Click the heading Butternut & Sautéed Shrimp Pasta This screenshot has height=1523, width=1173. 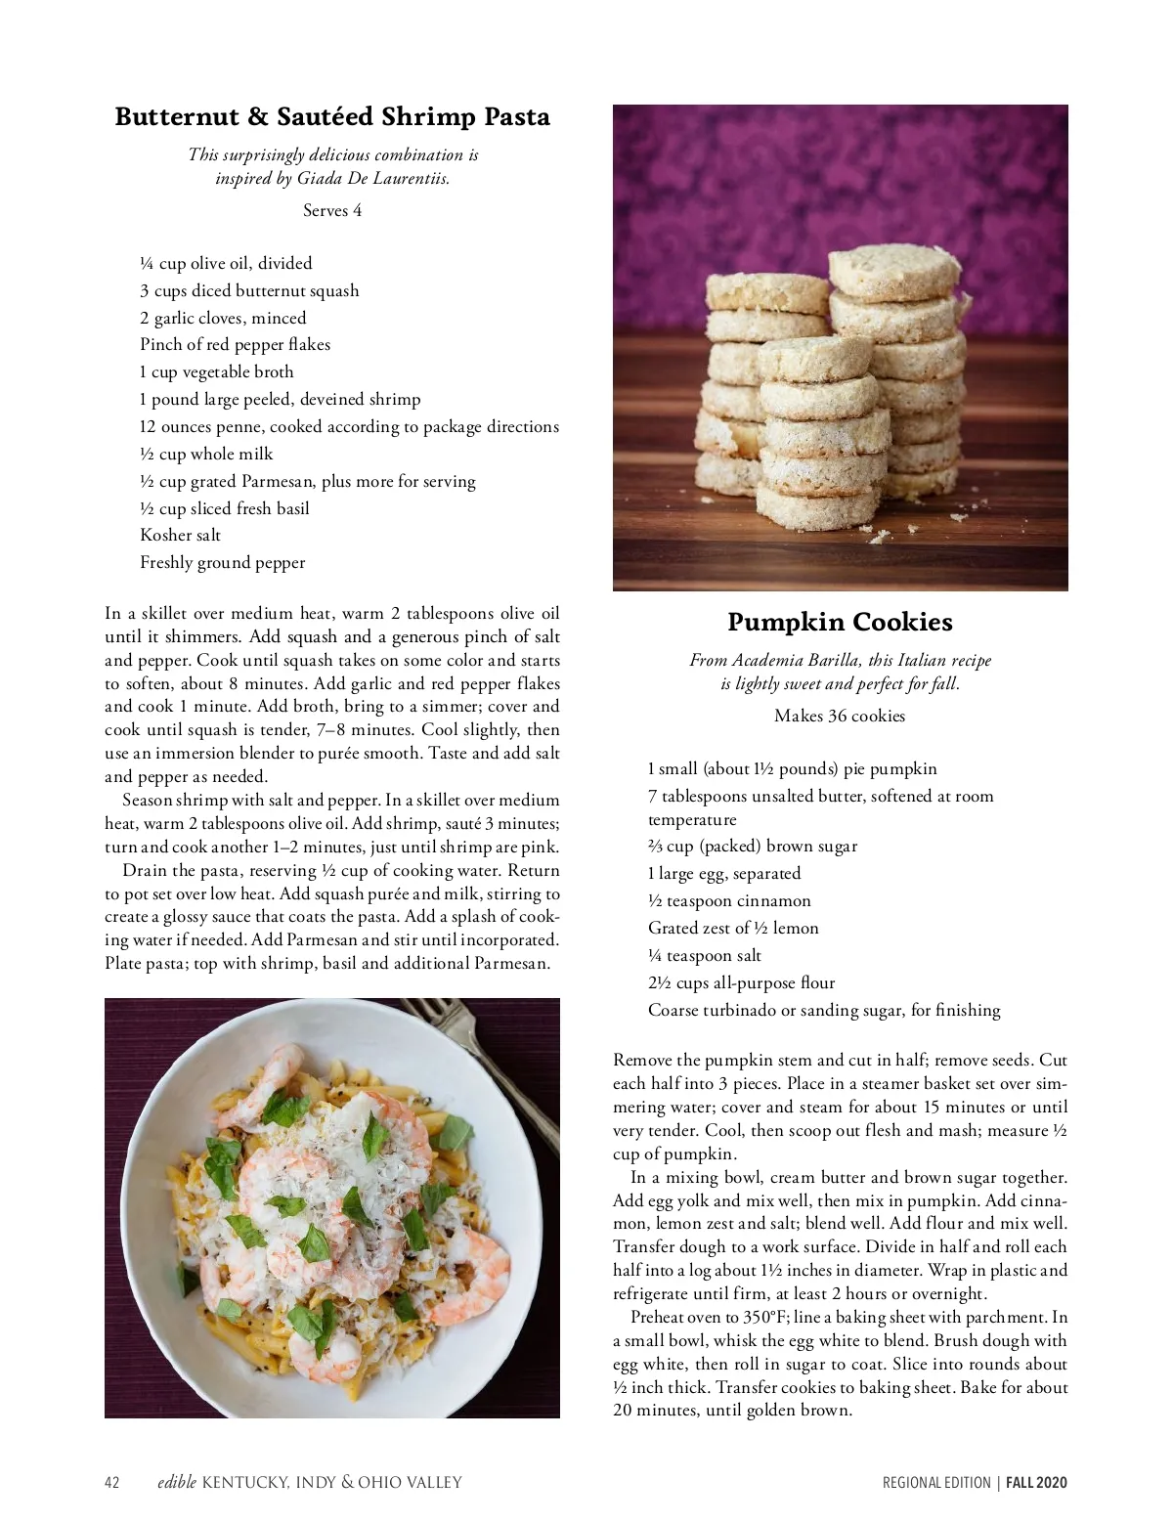332,117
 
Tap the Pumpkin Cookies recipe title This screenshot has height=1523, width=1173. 840,622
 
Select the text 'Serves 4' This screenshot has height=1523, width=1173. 332,210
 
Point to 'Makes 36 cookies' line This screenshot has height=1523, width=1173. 840,716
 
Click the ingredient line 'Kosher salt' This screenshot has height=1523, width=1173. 180,535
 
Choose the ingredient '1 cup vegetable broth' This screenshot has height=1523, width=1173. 216,371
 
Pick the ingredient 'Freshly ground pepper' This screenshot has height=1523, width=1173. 222,562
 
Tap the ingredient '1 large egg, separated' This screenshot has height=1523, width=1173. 723,873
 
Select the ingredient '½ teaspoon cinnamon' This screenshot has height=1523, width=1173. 729,900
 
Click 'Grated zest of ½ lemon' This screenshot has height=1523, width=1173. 733,928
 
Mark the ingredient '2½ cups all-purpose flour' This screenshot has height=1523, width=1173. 741,982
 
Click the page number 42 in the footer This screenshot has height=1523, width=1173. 112,1483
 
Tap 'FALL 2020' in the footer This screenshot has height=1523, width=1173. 1037,1483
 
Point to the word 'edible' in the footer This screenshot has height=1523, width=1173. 176,1483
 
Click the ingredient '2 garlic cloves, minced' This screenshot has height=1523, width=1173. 223,318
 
